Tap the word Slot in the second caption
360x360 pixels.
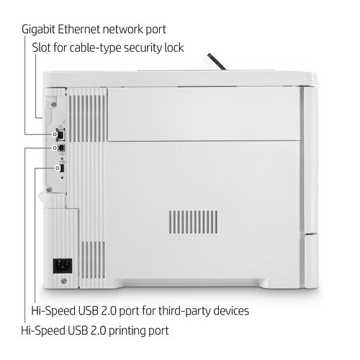(42, 48)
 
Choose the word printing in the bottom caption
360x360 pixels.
(122, 331)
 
